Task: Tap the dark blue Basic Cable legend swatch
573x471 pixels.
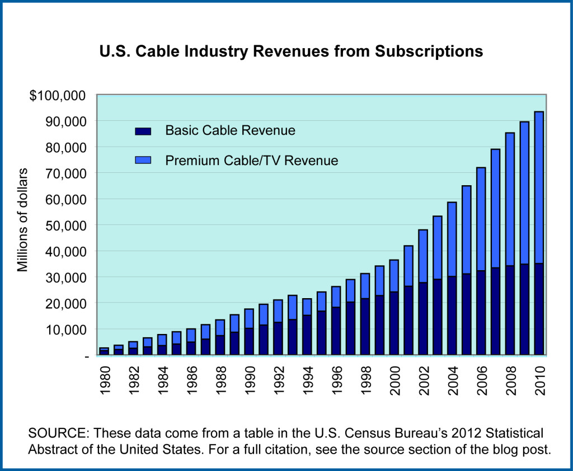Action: click(143, 131)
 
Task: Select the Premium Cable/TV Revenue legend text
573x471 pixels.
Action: click(252, 161)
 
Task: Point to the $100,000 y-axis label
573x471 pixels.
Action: click(58, 95)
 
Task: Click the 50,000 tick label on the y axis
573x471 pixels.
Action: click(65, 225)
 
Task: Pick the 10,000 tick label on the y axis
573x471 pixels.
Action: click(65, 329)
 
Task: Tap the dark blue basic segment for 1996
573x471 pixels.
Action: click(336, 331)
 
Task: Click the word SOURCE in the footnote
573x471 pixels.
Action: click(54, 433)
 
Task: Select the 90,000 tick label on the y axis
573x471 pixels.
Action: click(65, 121)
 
